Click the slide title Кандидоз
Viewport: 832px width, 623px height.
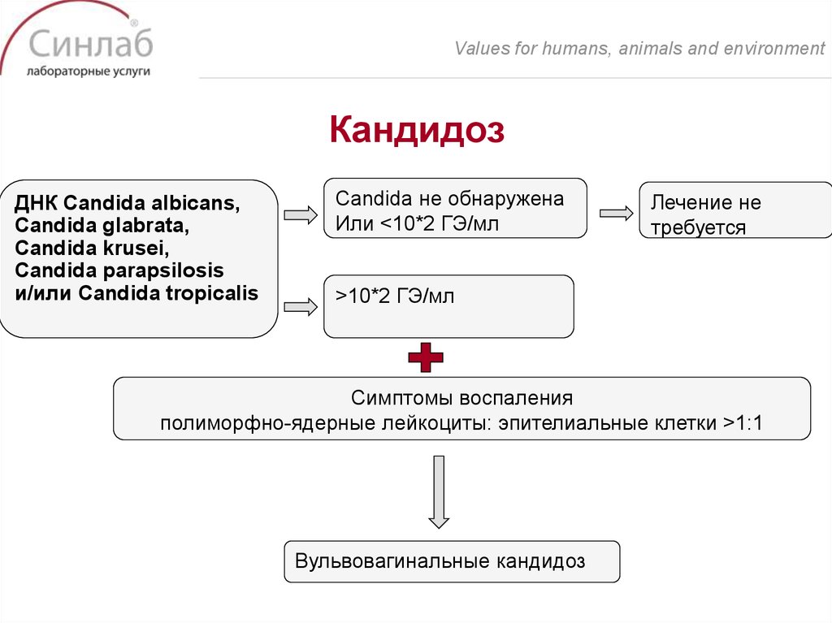coord(417,130)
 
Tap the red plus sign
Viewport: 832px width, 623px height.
coord(425,357)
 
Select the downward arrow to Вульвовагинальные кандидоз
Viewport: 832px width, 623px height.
coord(439,492)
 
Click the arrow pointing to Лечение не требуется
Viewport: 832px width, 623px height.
coord(616,213)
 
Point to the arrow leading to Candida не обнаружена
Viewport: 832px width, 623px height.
coord(300,215)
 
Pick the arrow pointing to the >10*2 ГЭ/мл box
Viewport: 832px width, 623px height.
coord(300,307)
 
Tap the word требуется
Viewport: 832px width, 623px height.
coord(698,227)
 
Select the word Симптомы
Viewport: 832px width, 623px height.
coord(403,399)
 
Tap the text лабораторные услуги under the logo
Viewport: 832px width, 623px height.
coord(89,71)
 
